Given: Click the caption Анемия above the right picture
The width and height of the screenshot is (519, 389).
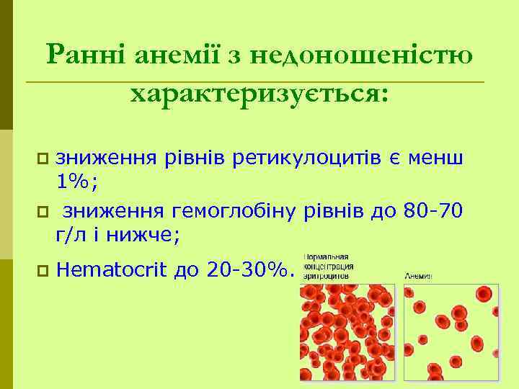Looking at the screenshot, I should tap(419, 274).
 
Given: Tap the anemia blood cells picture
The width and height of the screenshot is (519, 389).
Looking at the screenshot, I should tap(453, 331).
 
